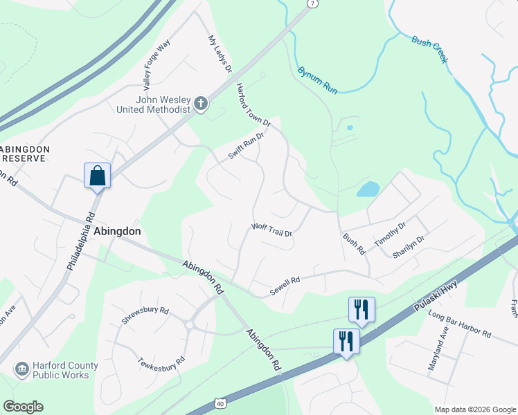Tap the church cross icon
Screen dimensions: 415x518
coord(201,104)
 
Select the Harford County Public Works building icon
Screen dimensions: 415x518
coord(22,369)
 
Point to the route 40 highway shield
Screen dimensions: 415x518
coord(220,403)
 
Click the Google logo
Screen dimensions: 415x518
coord(23,407)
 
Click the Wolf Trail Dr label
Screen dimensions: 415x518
coord(272,230)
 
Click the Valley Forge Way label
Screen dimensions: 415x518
coord(157,66)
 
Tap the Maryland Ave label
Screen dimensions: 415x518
coord(439,354)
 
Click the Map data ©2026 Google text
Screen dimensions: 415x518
coord(474,409)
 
